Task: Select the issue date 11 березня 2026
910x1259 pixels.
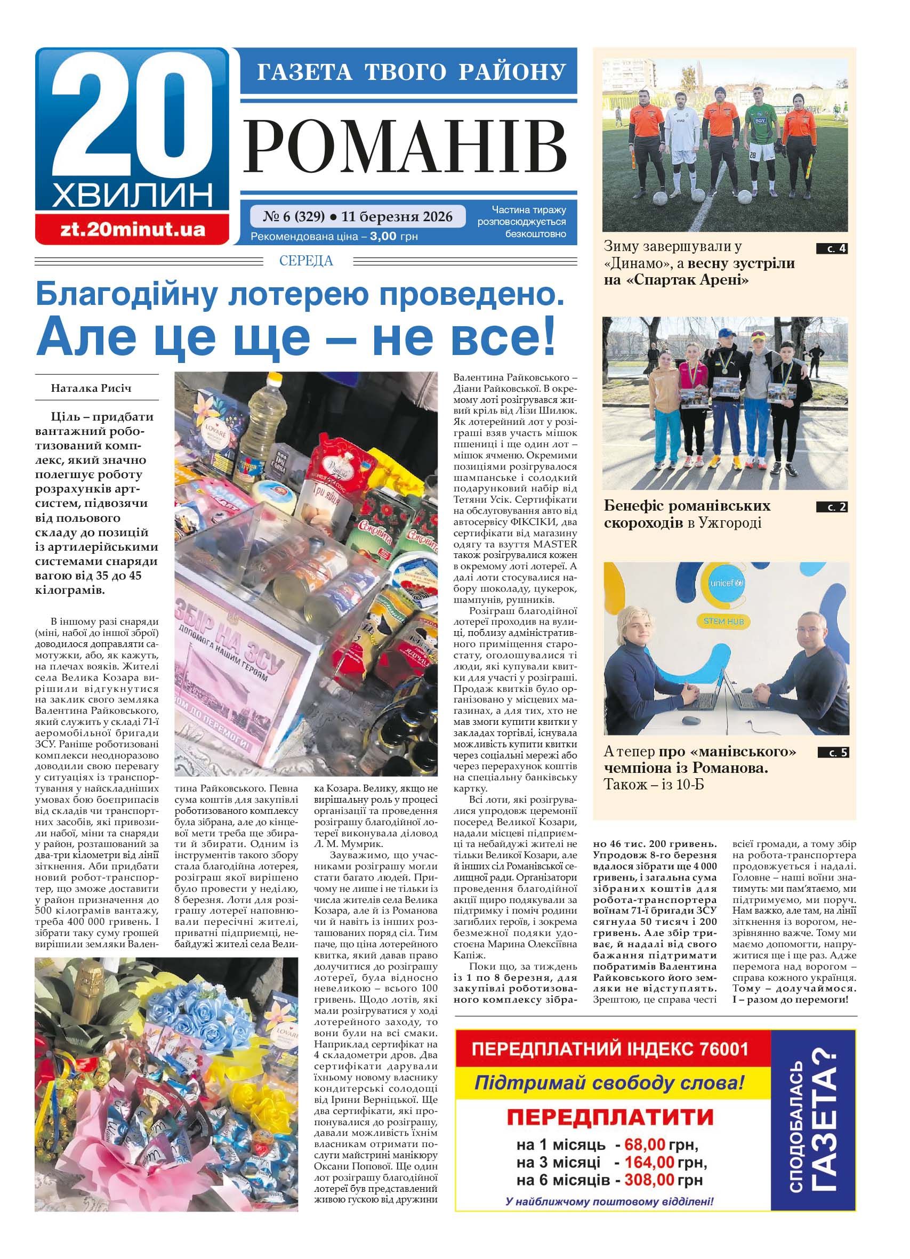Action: [397, 216]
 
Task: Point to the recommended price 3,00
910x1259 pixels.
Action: [383, 237]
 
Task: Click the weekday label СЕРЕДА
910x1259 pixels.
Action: [307, 260]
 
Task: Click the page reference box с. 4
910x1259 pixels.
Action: [832, 249]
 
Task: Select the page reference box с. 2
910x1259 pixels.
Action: [832, 506]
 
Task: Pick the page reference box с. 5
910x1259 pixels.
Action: [833, 753]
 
